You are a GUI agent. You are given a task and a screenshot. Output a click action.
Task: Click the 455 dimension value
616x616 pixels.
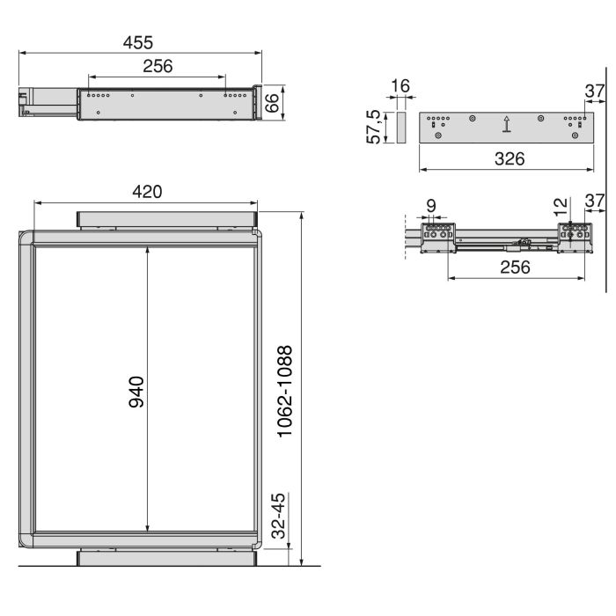click(x=138, y=42)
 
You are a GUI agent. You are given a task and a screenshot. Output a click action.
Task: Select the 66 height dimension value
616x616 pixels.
click(x=274, y=101)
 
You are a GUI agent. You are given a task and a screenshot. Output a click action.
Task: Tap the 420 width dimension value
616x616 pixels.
click(x=146, y=192)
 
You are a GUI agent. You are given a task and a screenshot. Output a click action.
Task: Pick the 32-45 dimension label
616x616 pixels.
click(x=279, y=519)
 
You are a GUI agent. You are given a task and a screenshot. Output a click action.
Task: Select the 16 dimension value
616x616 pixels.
click(x=400, y=85)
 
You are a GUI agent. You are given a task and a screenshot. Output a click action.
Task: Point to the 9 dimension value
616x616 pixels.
click(x=430, y=205)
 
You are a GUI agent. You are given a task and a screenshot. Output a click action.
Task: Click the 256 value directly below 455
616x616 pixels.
click(x=157, y=66)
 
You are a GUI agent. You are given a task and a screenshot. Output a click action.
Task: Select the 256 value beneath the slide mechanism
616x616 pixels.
click(x=515, y=268)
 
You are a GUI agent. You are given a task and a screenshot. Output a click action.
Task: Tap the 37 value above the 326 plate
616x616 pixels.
click(x=595, y=91)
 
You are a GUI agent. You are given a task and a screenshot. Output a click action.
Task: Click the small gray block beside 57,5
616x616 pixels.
click(x=400, y=128)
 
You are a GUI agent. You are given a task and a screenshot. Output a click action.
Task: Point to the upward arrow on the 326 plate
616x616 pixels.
click(x=506, y=125)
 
